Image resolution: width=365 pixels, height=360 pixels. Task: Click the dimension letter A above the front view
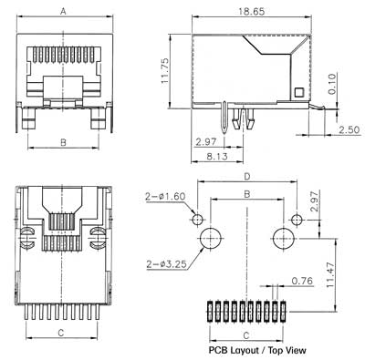pos(63,12)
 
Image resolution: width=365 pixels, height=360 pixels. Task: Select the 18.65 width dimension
pos(251,12)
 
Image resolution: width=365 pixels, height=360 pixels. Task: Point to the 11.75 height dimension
pos(165,71)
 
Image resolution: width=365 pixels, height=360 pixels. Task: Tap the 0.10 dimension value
pos(332,84)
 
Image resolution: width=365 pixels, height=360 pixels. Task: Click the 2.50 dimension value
pos(349,129)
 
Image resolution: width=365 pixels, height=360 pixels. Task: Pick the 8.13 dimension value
pos(217,157)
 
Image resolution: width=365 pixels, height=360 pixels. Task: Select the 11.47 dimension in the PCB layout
pos(330,275)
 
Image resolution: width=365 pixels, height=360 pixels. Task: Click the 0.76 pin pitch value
pos(302,281)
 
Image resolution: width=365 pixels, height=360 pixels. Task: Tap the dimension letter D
pos(247,177)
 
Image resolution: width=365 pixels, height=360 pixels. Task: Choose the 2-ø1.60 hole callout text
pos(165,196)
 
